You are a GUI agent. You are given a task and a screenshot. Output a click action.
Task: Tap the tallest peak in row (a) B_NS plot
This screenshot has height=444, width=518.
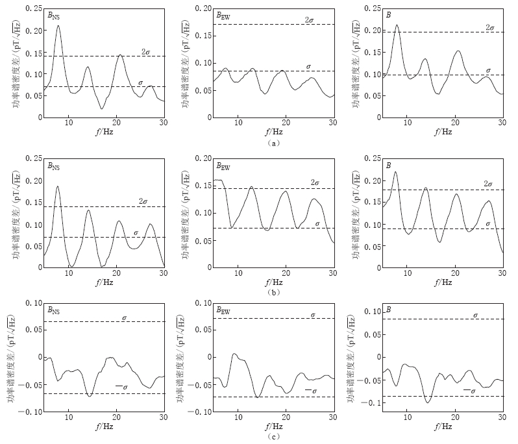[x=58, y=26]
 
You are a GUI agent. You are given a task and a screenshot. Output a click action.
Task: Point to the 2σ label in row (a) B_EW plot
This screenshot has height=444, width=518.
[x=310, y=19]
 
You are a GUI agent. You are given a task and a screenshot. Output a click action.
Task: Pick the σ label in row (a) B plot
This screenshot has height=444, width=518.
[x=488, y=69]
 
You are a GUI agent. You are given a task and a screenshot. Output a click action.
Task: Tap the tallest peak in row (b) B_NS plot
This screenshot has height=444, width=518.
[x=58, y=187]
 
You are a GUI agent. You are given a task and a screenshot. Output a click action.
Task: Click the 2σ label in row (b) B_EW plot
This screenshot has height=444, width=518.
[x=315, y=183]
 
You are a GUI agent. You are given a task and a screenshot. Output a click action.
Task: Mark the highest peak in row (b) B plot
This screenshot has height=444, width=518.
[x=395, y=172]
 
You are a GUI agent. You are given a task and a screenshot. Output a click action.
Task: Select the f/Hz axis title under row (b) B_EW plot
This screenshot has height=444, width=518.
[x=273, y=282]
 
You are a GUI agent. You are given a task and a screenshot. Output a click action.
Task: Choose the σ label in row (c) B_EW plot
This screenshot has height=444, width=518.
[x=313, y=314]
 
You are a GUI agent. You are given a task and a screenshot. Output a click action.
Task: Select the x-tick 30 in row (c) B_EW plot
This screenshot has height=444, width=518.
[x=332, y=419]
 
